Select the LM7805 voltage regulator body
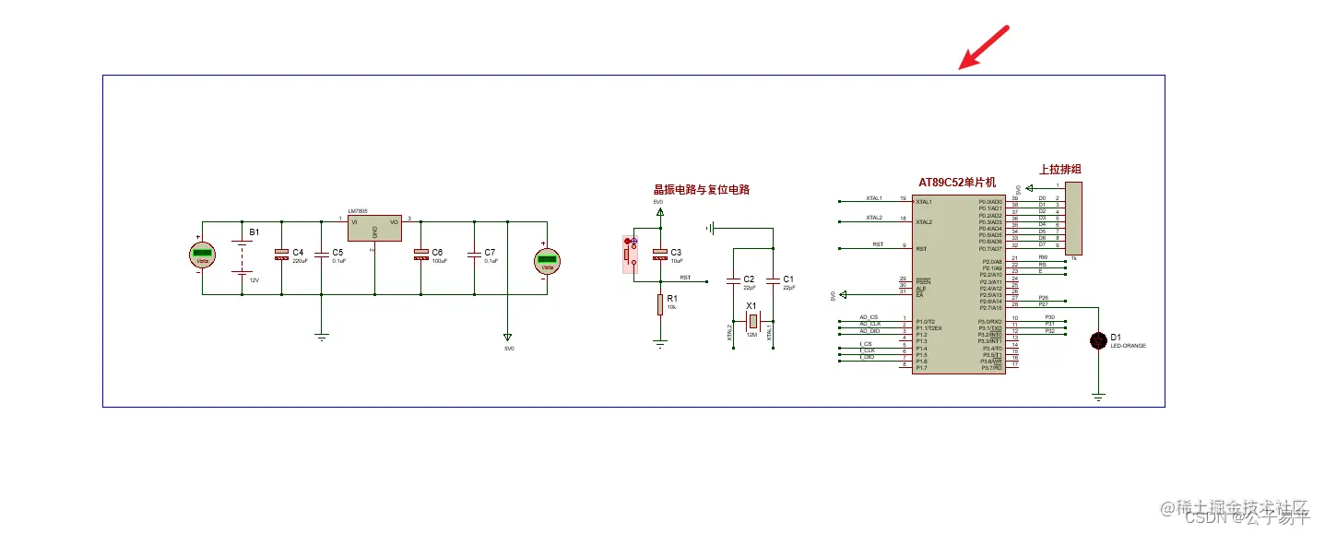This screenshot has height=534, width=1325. (374, 230)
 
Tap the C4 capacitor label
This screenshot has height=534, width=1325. (298, 252)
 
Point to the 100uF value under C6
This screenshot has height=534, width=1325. (439, 261)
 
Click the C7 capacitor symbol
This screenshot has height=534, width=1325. (474, 253)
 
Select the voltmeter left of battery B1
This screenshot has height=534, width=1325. (202, 257)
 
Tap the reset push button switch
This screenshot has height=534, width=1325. (630, 254)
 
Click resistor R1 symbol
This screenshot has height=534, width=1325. (660, 303)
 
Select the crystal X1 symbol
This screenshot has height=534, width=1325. (752, 320)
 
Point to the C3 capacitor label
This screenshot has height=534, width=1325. (676, 252)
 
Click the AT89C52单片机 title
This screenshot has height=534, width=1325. (957, 183)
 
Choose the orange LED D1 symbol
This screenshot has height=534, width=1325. (1098, 341)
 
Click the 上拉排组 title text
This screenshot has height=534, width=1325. (1059, 169)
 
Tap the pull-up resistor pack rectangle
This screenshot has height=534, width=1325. (1073, 218)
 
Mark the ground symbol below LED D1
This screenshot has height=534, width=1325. (1098, 397)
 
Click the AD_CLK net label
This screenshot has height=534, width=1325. (870, 324)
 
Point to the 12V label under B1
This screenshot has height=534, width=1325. (254, 279)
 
